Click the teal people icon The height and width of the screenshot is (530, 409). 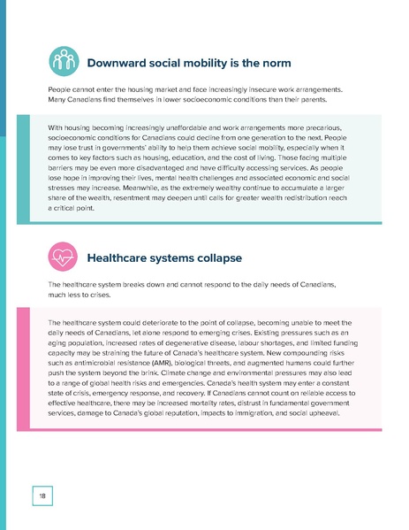click(x=62, y=62)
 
